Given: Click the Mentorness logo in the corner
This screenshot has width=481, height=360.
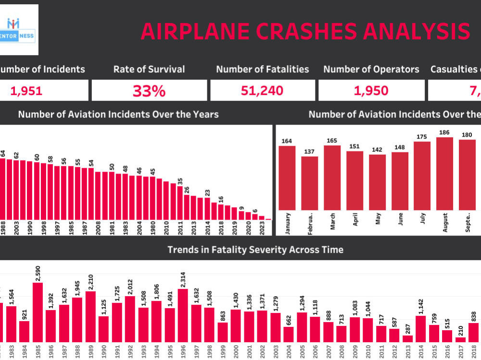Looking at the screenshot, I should (20, 30).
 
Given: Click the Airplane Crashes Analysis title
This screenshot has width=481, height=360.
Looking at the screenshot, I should (305, 31).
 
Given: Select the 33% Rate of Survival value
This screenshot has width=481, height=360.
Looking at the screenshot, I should (149, 91).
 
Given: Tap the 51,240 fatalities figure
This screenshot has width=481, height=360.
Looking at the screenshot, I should (262, 90).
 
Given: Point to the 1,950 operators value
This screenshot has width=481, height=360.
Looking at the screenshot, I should (371, 90).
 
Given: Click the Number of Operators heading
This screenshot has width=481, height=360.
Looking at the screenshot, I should (371, 69).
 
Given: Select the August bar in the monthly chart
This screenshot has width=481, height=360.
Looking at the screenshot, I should (445, 174).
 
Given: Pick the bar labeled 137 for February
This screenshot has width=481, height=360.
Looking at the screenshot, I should (309, 183).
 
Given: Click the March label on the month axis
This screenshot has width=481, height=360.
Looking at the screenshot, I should (333, 223).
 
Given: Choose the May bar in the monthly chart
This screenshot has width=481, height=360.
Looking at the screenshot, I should (377, 182).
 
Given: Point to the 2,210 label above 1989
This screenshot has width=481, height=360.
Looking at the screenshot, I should (90, 280).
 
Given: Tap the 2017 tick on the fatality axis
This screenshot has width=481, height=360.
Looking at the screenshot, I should (460, 350).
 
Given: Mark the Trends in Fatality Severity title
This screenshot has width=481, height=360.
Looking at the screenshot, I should (255, 249).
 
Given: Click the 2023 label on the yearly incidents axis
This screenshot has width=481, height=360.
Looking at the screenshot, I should (262, 227).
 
